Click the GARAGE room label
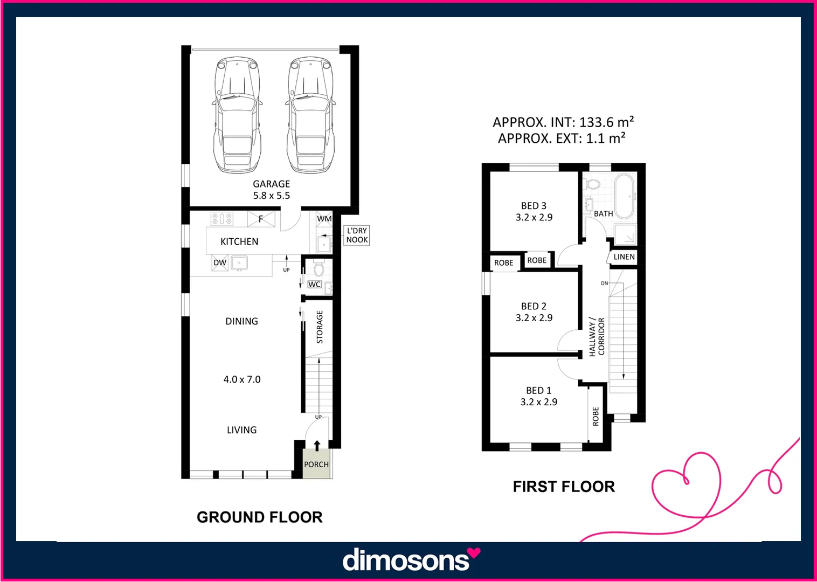pos(271,184)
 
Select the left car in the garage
pos(237,116)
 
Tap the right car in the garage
pos(310,116)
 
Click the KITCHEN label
pos(239,241)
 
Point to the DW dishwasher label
pos(220,263)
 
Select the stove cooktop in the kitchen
pos(221,219)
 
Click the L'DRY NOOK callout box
pos(357,235)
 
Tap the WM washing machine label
pos(324,219)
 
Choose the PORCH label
pos(316,465)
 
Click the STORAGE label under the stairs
pos(320,327)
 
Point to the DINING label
pos(241,321)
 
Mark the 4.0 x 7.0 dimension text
pos(242,379)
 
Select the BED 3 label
pos(534,206)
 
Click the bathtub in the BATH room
pos(625,196)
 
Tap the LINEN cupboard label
pos(624,257)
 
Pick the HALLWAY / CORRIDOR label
pos(597,337)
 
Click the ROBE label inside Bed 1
pos(596,416)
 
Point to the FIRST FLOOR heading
pos(564,487)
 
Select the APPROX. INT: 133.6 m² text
pos(563,122)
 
